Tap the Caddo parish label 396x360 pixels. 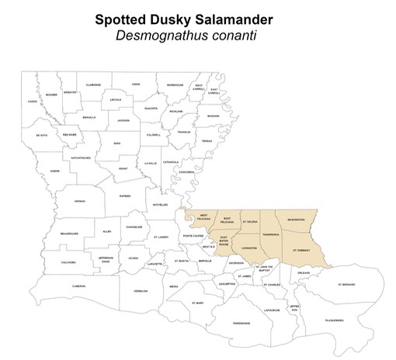[32, 102]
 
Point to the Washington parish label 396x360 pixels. [296, 220]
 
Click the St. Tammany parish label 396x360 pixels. [301, 251]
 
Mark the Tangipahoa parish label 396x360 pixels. [271, 234]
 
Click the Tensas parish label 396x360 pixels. [207, 141]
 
